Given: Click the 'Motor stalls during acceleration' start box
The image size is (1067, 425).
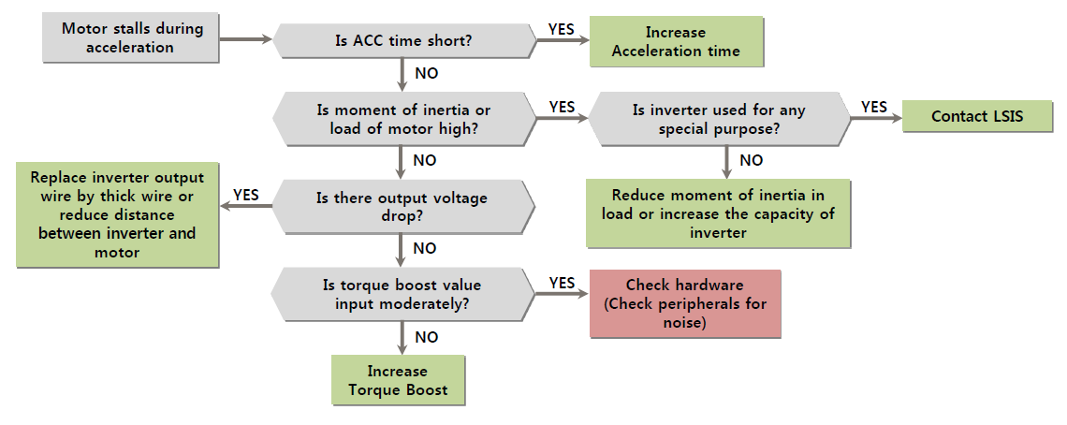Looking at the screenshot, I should click(x=131, y=38).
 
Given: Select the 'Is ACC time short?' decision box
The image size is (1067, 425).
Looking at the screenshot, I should click(x=403, y=40).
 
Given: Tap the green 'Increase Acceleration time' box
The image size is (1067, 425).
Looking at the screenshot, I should click(x=676, y=42).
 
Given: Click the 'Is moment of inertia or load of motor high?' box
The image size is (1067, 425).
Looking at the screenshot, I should click(x=403, y=119).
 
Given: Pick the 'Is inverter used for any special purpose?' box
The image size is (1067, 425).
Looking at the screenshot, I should click(x=719, y=119).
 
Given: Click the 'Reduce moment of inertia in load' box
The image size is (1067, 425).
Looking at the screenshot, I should click(x=719, y=213).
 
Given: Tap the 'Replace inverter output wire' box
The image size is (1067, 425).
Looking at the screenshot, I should click(x=118, y=215).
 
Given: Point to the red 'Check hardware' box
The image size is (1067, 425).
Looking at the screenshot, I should click(x=685, y=303).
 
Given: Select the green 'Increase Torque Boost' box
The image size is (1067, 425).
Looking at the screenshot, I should click(x=398, y=380).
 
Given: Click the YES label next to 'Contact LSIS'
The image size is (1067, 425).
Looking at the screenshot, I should click(x=873, y=107).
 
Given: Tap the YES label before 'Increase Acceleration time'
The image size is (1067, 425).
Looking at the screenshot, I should click(x=561, y=29).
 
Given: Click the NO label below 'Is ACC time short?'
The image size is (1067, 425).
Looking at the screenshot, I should click(x=425, y=73).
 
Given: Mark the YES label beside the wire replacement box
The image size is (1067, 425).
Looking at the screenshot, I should click(x=245, y=195).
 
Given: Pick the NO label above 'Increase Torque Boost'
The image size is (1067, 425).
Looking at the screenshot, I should click(x=425, y=337).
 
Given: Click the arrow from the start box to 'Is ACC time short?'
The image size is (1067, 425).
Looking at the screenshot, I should click(x=245, y=39).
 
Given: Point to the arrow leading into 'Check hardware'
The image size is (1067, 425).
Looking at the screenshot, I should click(x=562, y=294).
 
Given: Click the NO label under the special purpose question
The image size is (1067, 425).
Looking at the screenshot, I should click(x=751, y=160).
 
